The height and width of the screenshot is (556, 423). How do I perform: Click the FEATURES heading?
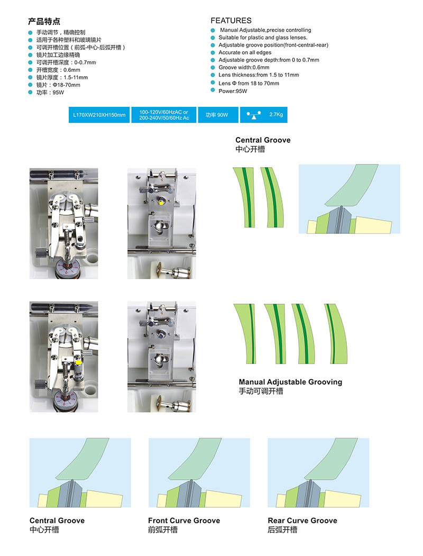[x=231, y=21]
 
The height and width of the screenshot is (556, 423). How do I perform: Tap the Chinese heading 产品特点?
[x=44, y=22]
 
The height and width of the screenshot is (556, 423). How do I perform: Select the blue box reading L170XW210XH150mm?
[x=100, y=115]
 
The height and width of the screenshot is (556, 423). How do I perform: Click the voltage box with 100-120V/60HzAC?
[x=164, y=115]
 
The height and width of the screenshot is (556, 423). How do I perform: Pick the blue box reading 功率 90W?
[x=217, y=115]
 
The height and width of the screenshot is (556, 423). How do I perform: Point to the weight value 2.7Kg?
[x=277, y=114]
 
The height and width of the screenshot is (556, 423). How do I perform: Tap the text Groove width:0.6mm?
[x=244, y=67]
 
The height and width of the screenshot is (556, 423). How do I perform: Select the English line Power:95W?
[x=233, y=91]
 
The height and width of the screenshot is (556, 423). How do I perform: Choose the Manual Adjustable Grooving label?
[x=290, y=382]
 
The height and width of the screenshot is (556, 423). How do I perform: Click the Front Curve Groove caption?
[x=184, y=521]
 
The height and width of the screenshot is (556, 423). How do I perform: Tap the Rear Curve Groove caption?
[x=302, y=521]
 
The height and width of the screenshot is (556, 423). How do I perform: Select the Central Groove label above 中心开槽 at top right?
[x=263, y=140]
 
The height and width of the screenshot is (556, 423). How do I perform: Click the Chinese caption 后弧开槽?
[x=282, y=530]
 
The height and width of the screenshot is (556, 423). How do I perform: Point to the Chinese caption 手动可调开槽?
[x=261, y=391]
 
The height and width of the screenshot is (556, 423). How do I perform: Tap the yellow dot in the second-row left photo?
[x=78, y=363]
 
